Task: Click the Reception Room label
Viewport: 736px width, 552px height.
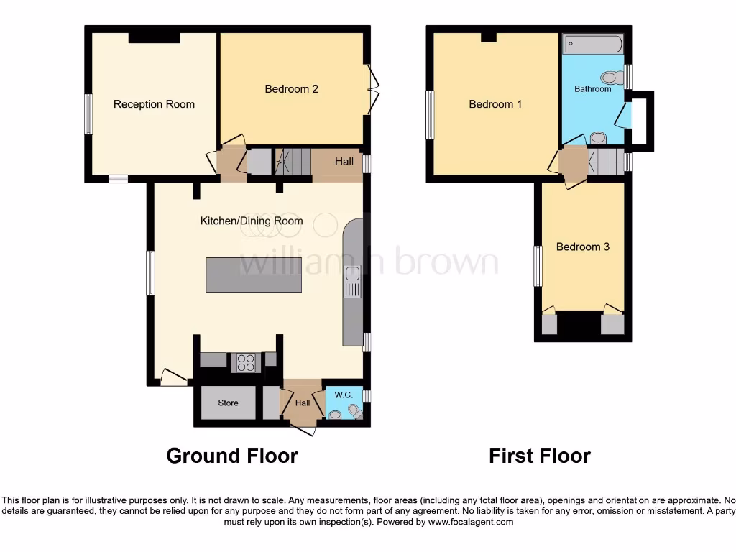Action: (x=154, y=104)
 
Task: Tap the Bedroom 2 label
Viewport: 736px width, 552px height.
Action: (x=291, y=89)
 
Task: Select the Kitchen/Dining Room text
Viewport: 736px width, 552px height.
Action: (x=252, y=221)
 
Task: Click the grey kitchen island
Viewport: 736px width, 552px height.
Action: (x=254, y=275)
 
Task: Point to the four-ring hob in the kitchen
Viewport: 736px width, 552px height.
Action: (x=244, y=363)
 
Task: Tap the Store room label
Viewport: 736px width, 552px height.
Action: (x=228, y=403)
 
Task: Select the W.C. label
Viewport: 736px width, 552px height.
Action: (x=337, y=394)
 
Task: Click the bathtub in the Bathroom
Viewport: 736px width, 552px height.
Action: (x=592, y=44)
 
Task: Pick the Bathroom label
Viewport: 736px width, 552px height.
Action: (x=592, y=89)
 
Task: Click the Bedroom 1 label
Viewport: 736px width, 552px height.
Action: (x=495, y=104)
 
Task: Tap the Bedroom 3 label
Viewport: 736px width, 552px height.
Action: (x=583, y=247)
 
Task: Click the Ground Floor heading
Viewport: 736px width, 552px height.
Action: (x=232, y=456)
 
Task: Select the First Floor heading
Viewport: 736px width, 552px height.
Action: (x=540, y=456)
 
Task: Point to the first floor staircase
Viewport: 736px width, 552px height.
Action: (x=604, y=158)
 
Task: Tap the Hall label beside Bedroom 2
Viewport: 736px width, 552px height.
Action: (x=344, y=162)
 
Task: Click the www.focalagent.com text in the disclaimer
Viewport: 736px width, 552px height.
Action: (x=471, y=522)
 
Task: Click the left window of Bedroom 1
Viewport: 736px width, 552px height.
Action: (x=430, y=114)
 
